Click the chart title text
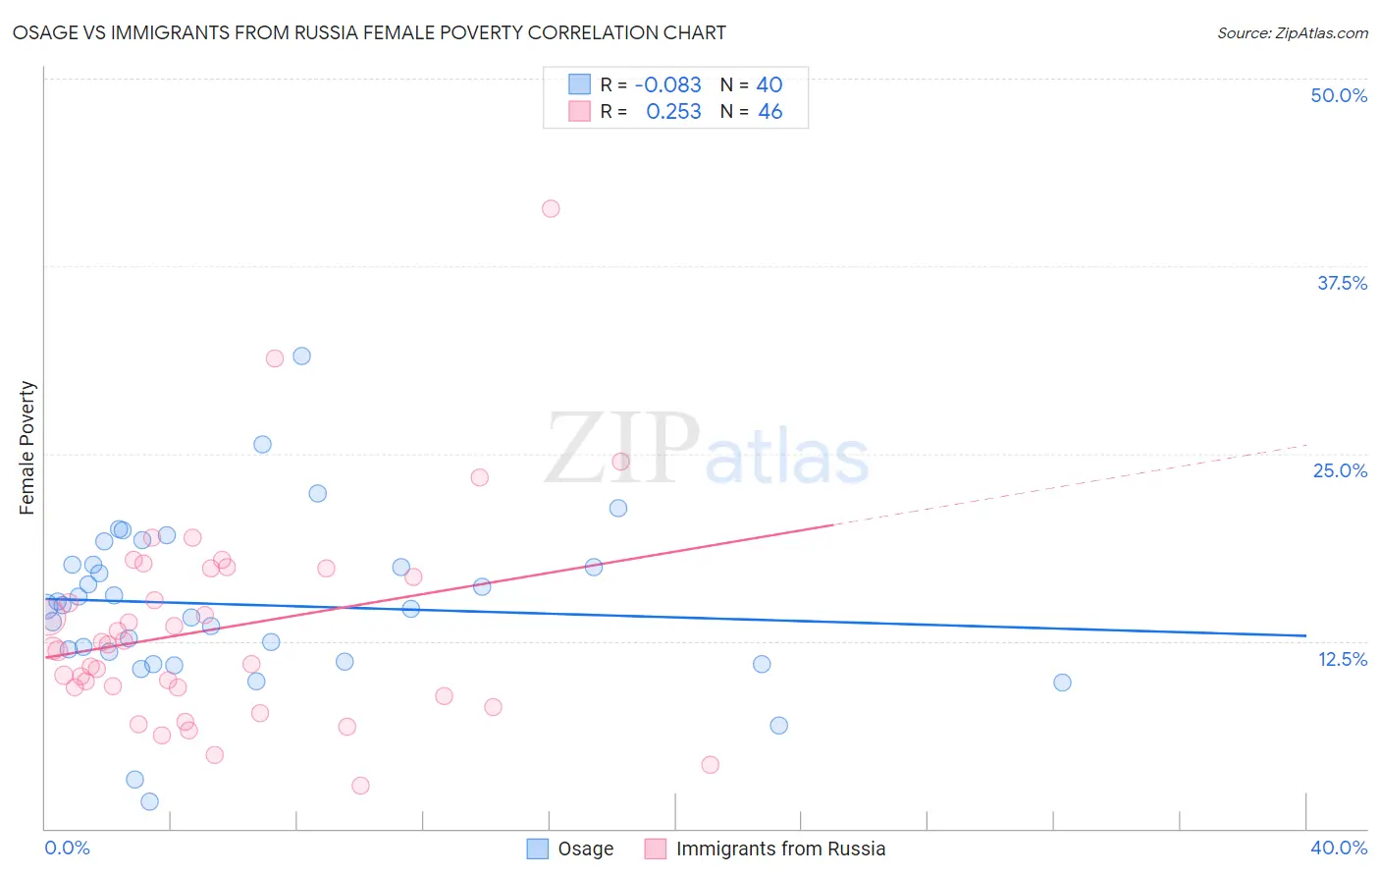point(369,32)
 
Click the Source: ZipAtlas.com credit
point(1292,32)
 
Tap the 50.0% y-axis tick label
point(1338,95)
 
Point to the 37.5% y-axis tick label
point(1341,283)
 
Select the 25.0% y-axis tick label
point(1339,470)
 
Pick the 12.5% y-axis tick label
point(1341,659)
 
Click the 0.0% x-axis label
point(68,848)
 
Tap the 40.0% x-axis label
point(1338,848)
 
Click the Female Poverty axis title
point(27,448)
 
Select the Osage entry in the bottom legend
point(570,849)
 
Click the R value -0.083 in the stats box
point(667,85)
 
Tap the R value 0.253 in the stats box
point(673,112)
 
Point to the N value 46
point(770,112)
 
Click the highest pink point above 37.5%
point(551,208)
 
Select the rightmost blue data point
point(1062,683)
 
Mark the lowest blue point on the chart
point(149,801)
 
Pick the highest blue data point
point(302,356)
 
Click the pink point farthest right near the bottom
point(711,764)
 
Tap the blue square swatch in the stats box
point(579,84)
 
